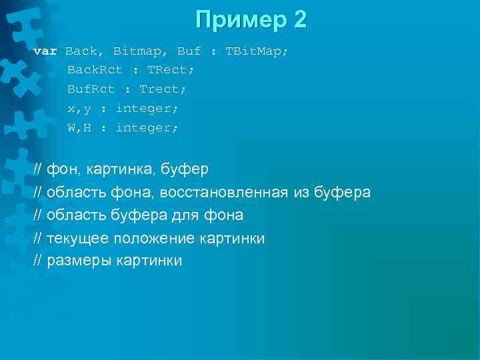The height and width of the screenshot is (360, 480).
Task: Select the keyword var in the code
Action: pyautogui.click(x=45, y=51)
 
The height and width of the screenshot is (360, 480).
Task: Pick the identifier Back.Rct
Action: pyautogui.click(x=95, y=69)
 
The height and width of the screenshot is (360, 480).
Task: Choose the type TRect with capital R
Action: pyautogui.click(x=170, y=69)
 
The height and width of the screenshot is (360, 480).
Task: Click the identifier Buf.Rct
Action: pyautogui.click(x=91, y=89)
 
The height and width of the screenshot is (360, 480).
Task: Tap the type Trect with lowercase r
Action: pyautogui.click(x=163, y=89)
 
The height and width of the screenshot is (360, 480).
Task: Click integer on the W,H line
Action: pyautogui.click(x=147, y=127)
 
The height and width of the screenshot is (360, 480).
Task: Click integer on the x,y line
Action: pyautogui.click(x=147, y=108)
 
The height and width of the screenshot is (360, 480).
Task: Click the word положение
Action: pyautogui.click(x=149, y=238)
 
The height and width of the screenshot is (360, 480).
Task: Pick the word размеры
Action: pyautogui.click(x=79, y=261)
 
